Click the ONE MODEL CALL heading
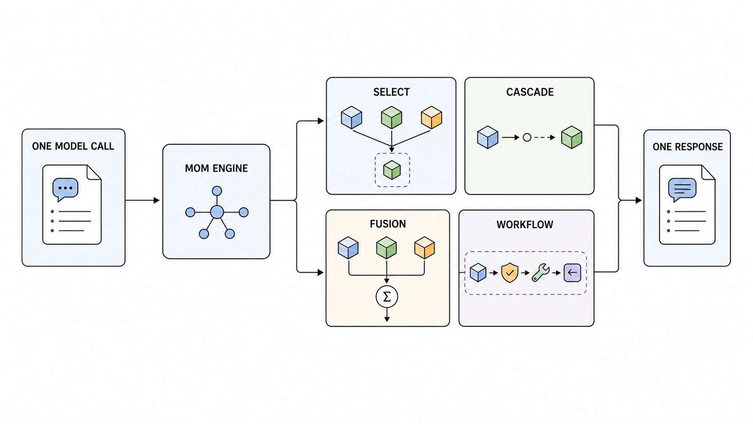point(73,146)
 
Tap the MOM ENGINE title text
point(216,168)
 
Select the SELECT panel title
point(391,92)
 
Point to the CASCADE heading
point(530,92)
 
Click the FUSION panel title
point(388,224)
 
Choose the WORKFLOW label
point(525,224)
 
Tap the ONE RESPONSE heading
point(687,146)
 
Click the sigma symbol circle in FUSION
point(386,297)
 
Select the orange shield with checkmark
point(510,272)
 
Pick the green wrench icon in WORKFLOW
point(540,273)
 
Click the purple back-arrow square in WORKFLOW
point(572,273)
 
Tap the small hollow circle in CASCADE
point(527,137)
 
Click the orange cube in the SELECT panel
point(431,118)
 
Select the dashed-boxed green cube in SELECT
point(392,170)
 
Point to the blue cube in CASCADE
point(487,137)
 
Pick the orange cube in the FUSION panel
point(425,248)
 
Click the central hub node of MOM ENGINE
point(217,212)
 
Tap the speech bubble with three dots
point(65,189)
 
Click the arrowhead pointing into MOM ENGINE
point(156,201)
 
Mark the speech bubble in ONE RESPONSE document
point(682,190)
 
